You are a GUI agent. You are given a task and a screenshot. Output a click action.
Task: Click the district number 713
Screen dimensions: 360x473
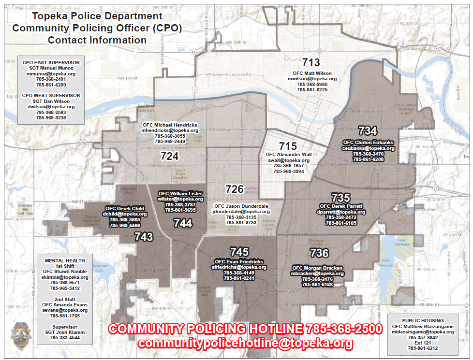click(x=311, y=62)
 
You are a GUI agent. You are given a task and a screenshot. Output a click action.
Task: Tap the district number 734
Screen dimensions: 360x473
click(x=368, y=130)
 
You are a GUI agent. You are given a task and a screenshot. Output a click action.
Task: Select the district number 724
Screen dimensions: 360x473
click(x=169, y=156)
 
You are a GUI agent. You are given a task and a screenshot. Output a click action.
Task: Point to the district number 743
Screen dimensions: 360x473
click(x=144, y=237)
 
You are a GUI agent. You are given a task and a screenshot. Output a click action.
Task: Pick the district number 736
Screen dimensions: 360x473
click(x=319, y=253)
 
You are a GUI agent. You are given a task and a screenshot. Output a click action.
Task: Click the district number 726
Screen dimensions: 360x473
click(x=235, y=189)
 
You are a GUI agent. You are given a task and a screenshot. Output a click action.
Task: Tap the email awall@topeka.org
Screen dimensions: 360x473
click(x=289, y=160)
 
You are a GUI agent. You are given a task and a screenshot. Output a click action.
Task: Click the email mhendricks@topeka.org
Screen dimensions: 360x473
click(x=170, y=130)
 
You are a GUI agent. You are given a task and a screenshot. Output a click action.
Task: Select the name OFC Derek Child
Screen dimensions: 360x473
click(x=124, y=208)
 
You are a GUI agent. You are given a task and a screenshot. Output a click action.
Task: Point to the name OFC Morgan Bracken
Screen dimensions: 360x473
click(x=317, y=268)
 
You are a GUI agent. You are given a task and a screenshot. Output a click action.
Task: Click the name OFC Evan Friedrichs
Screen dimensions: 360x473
click(x=239, y=261)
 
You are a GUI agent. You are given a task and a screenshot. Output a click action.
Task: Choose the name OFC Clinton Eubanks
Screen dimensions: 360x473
click(x=368, y=143)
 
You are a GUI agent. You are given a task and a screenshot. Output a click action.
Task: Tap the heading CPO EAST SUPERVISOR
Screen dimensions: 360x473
click(x=51, y=62)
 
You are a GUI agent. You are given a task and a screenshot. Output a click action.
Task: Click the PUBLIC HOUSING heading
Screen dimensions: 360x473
click(x=423, y=320)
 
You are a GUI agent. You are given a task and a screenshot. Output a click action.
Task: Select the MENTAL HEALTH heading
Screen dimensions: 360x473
click(x=61, y=260)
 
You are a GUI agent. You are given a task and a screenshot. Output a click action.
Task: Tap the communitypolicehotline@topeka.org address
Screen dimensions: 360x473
click(x=245, y=343)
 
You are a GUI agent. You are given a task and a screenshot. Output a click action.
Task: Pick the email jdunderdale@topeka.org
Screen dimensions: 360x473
click(x=241, y=212)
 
